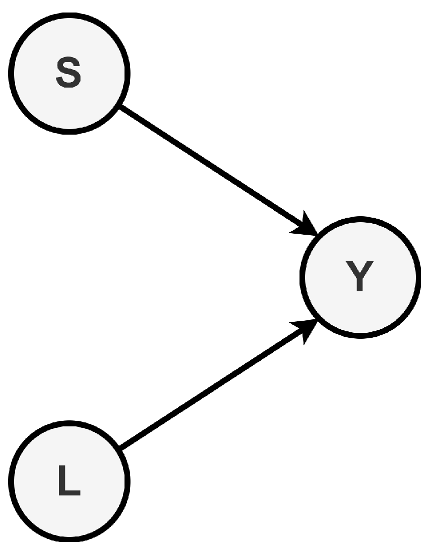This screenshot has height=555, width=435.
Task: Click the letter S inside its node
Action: (x=69, y=74)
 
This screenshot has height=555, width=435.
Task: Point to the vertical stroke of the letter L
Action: (x=62, y=480)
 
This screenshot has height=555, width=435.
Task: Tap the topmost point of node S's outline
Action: (x=69, y=15)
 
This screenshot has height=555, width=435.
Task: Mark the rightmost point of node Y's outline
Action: (x=419, y=277)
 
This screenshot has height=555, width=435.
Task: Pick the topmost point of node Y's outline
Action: (x=360, y=219)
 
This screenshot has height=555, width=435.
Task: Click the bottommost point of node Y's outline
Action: (x=360, y=336)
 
